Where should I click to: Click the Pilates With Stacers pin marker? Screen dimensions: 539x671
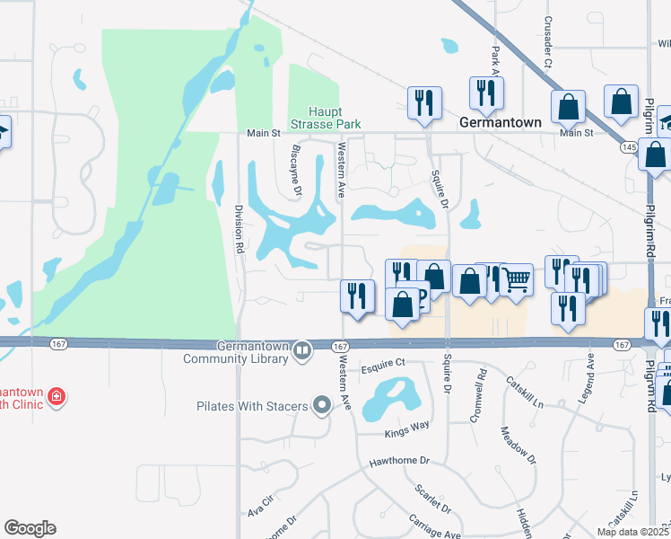[x=322, y=406]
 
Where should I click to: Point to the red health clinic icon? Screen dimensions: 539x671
[x=56, y=395]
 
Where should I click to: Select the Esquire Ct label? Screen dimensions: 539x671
[x=384, y=364]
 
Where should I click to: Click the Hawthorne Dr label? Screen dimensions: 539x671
[x=400, y=461]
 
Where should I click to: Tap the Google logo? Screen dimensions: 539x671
[x=30, y=528]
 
